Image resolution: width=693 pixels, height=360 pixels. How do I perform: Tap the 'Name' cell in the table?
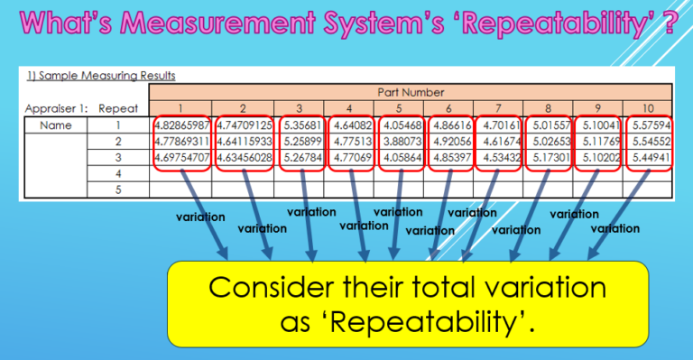[56, 125]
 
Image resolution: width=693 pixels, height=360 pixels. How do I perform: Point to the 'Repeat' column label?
[119, 108]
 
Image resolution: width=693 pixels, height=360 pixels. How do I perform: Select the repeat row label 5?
[119, 189]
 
